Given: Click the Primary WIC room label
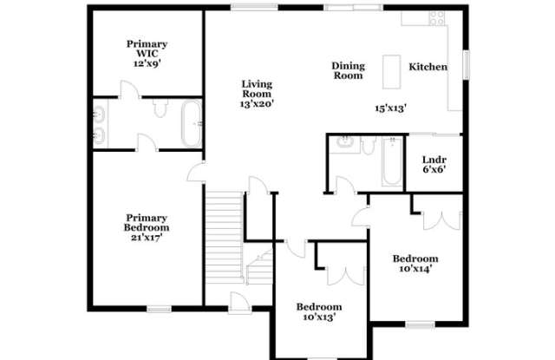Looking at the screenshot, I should pos(147,48).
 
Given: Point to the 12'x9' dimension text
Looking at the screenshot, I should pos(147,63).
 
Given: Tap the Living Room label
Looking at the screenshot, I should pos(257,88).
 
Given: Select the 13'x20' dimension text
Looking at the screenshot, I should pos(257,103).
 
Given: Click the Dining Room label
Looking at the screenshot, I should pos(349,70).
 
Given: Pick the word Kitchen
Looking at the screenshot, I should pos(428,67).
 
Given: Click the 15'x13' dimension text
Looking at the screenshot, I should pos(390,108).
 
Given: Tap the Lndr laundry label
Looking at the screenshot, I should pos(434,160).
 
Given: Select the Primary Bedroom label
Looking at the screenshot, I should pos(146,222).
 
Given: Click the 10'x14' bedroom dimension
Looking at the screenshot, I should pos(415,269).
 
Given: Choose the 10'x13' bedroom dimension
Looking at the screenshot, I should pos(318,317).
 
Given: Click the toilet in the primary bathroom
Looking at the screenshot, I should pos(160,108).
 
